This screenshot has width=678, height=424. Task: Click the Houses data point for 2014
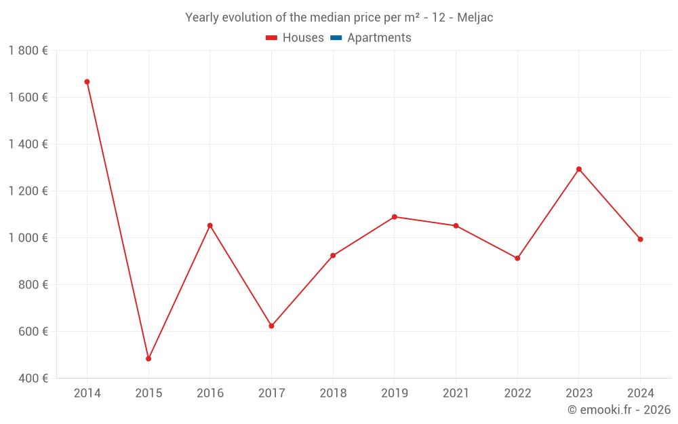pos(87,82)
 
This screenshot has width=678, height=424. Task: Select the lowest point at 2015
pos(148,359)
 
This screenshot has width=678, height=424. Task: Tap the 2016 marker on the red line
pos(210,225)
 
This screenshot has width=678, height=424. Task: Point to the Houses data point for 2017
pos(271,326)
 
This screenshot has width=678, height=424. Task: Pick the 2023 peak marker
pos(579,169)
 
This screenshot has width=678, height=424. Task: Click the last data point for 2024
pos(640,239)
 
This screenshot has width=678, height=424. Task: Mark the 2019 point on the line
pos(395,217)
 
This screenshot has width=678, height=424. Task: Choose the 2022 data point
pos(517,258)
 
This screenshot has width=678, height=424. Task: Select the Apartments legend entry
pos(379,38)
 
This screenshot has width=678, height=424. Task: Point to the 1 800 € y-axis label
pos(28,51)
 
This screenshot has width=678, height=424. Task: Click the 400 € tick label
pos(32,379)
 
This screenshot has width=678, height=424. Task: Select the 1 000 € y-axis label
pos(28,238)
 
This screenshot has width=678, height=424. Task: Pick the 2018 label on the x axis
pos(333,393)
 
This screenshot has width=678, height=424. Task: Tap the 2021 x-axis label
pos(456,393)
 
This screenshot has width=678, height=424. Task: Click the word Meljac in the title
pos(475,18)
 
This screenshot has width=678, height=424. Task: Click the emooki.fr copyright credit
pos(619,410)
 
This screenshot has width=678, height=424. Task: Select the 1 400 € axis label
pos(28,144)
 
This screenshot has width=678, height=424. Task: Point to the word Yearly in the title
pos(203,18)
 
